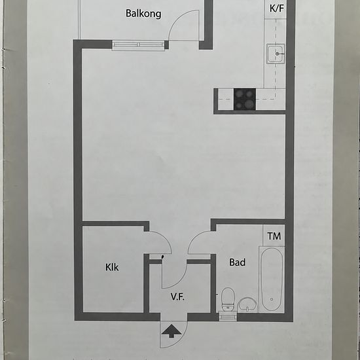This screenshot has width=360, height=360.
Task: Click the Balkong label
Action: coord(143,14)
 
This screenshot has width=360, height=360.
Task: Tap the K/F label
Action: coord(277,9)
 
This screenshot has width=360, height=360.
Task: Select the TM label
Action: coord(274,236)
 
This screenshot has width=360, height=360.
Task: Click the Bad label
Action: coord(238,262)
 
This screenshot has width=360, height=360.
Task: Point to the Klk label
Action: coord(112,267)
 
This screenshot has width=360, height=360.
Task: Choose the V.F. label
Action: coord(177,297)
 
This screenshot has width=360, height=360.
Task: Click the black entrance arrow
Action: coord(171,332)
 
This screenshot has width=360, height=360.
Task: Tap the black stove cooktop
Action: coord(245,99)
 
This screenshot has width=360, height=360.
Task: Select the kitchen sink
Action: coord(276,54)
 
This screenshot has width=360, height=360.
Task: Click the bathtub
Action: coord(272,279)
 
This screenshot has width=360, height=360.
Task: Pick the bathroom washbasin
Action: coord(247,304)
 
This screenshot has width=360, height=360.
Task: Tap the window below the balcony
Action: coord(138,45)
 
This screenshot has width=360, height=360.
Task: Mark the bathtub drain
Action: coord(272,299)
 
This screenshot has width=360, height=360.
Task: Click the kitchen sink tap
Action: coord(279,54)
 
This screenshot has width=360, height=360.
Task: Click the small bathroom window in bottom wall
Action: coord(228,316)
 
